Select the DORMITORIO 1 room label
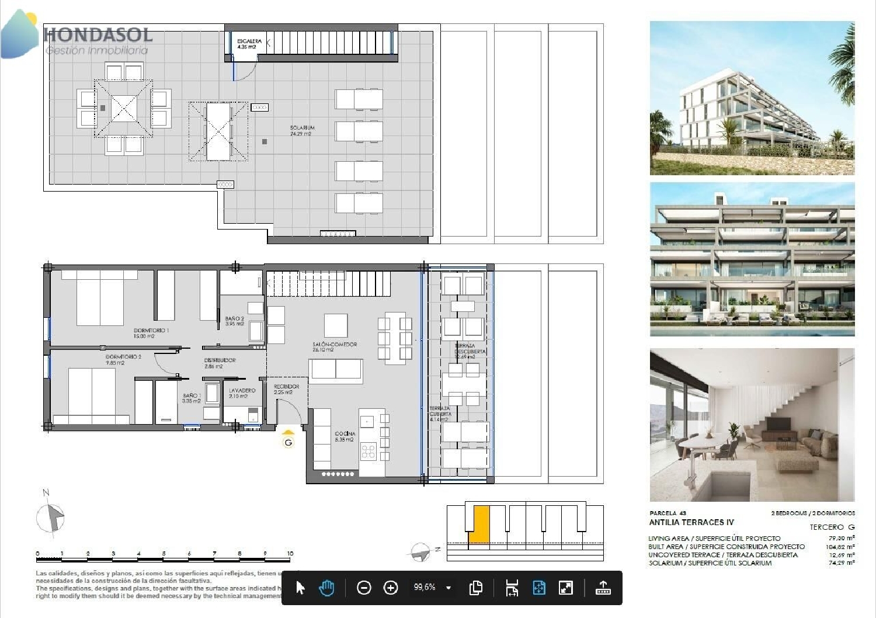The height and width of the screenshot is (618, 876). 151,333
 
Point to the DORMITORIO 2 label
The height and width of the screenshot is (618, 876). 123,359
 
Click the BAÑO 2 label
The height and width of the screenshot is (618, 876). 235,321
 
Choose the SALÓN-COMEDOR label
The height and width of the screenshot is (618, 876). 335,347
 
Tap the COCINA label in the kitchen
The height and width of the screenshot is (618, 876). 345,436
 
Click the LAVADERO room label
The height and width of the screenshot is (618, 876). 242,393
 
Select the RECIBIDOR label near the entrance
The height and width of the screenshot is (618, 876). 286,389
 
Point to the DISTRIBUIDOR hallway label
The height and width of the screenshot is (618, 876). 220,363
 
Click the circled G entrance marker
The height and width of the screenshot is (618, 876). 288,442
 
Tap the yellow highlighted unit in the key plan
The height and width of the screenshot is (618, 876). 480,524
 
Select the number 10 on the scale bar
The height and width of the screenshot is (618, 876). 290,553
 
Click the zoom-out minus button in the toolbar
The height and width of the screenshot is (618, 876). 364,588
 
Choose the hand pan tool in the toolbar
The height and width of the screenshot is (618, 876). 326,588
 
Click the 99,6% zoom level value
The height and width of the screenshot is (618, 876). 425,588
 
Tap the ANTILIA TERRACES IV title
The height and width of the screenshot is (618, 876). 691,522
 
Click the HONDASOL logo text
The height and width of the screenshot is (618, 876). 98,35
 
